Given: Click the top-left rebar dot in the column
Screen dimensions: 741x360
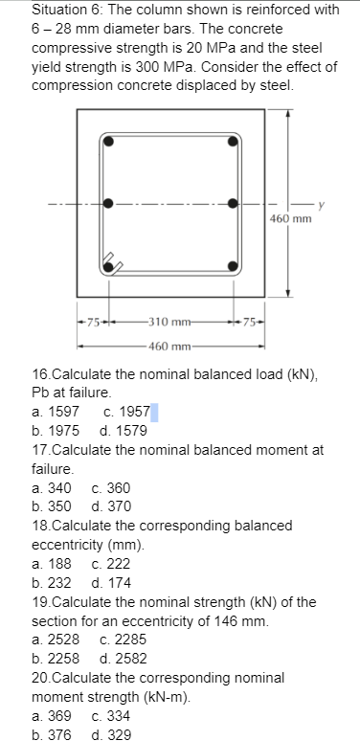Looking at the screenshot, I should (x=110, y=141).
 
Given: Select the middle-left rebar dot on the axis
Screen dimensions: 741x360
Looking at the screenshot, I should (x=109, y=203).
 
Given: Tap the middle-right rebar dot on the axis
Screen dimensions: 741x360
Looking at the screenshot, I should (x=232, y=203).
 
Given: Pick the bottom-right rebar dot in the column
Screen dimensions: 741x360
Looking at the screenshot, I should (x=232, y=265).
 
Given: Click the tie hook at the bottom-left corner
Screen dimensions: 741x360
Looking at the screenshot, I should (x=113, y=261).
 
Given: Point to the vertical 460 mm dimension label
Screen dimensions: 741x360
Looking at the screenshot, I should (x=292, y=218).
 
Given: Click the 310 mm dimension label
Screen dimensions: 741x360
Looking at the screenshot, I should (x=170, y=319).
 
